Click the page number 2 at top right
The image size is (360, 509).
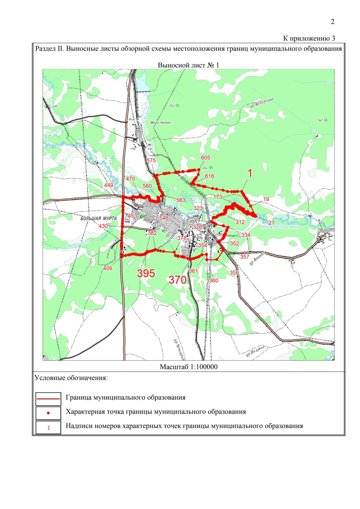click(x=332, y=22)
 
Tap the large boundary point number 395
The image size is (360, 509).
click(x=146, y=273)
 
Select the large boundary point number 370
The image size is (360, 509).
click(x=178, y=280)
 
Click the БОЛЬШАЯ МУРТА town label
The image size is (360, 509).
click(x=98, y=219)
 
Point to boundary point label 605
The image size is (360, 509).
click(x=205, y=158)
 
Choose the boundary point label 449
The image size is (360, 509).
click(x=109, y=185)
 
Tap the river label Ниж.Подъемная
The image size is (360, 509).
click(x=281, y=227)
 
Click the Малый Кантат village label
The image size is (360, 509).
click(x=160, y=122)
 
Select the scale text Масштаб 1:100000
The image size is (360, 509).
click(x=188, y=367)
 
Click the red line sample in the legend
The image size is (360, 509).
click(x=48, y=399)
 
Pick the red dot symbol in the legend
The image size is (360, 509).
click(x=48, y=413)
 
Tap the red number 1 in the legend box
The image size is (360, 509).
click(x=49, y=428)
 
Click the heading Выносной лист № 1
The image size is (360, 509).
click(x=188, y=65)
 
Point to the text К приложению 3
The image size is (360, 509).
click(x=309, y=38)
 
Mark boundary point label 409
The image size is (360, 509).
click(x=107, y=268)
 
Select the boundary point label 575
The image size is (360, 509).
click(x=151, y=160)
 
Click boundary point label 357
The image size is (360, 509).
click(x=244, y=257)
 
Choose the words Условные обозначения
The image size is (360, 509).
click(x=71, y=378)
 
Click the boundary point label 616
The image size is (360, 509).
click(x=209, y=176)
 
